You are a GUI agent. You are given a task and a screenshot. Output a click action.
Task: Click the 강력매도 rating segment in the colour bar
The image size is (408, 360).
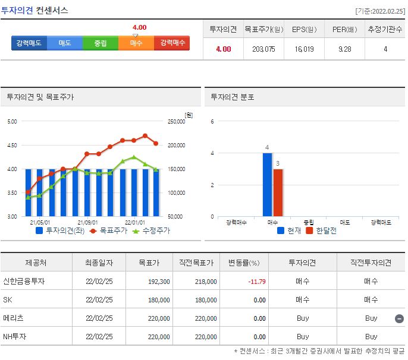pyautogui.click(x=29, y=43)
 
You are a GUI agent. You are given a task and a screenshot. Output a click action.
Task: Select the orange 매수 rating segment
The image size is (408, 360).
pyautogui.click(x=136, y=43)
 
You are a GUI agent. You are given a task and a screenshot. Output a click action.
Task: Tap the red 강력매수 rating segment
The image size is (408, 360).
pyautogui.click(x=172, y=43)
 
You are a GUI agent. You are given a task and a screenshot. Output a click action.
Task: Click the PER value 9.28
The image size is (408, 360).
pyautogui.click(x=344, y=49)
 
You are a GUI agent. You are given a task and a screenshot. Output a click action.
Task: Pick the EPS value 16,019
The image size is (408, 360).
pyautogui.click(x=303, y=49)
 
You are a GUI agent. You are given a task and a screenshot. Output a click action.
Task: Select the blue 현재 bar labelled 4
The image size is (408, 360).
pyautogui.click(x=268, y=184)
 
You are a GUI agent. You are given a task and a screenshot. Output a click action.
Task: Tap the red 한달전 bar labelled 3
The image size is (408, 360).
pyautogui.click(x=278, y=192)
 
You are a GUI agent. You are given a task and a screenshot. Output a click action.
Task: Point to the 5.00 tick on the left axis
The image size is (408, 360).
pyautogui.click(x=12, y=122)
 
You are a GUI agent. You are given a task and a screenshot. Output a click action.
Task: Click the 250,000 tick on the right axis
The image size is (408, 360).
pyautogui.click(x=177, y=122)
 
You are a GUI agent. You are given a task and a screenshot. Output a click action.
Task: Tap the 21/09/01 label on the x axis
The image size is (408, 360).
pyautogui.click(x=88, y=222)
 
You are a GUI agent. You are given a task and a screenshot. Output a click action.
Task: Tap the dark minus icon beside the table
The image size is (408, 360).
pyautogui.click(x=400, y=318)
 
